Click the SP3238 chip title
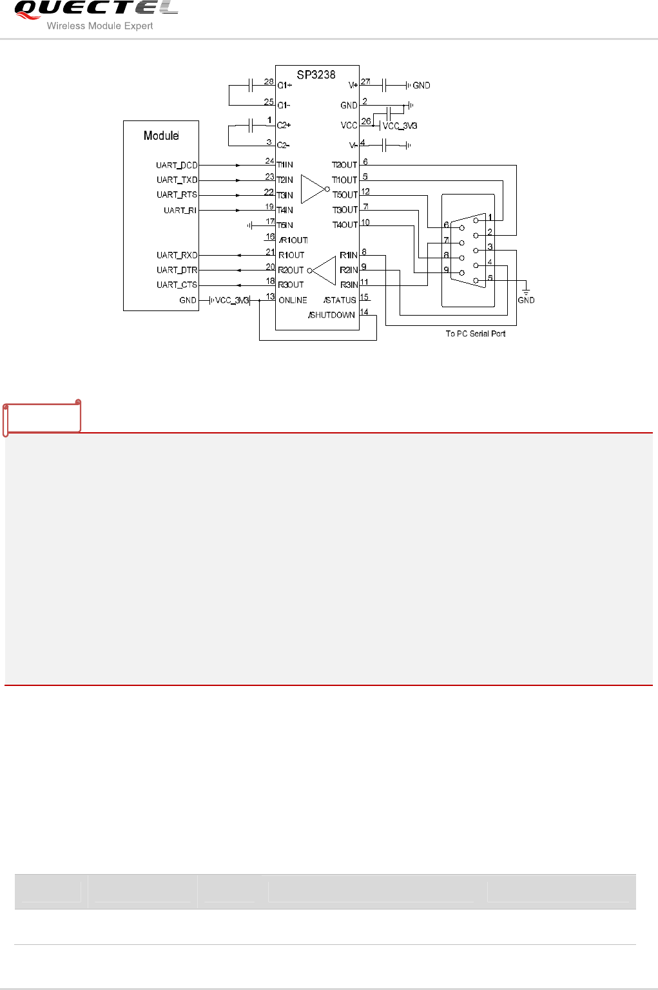316,75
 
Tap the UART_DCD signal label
177,166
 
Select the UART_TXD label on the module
177,180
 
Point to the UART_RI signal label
180,211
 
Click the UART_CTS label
177,285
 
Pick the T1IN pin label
285,166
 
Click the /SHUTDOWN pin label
331,315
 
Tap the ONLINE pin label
293,300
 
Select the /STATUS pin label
340,300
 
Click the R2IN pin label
349,270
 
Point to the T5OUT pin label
345,195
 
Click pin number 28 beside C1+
269,82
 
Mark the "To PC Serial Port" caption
476,334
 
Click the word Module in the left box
161,136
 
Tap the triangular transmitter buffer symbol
314,189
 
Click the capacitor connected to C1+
251,85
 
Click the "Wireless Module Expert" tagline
100,26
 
